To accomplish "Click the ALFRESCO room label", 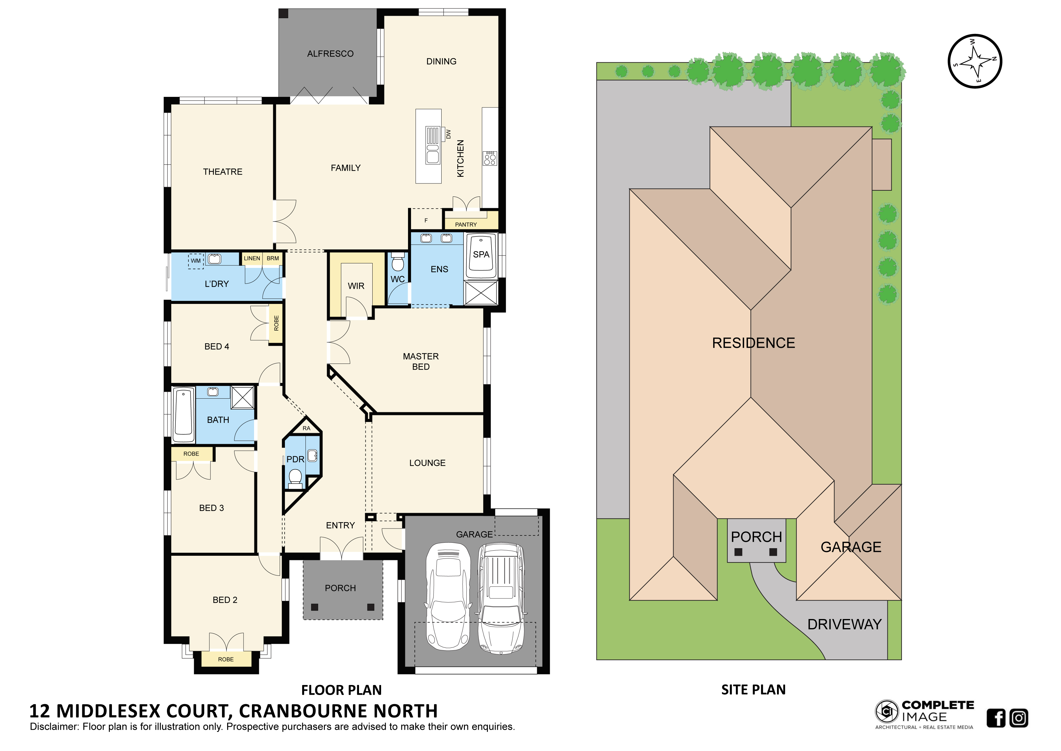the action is (330, 54).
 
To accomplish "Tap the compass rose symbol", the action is (975, 61).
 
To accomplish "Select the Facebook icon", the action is (996, 718).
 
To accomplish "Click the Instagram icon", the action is (1019, 718).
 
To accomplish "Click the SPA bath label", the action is (481, 254).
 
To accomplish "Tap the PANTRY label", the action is (466, 225).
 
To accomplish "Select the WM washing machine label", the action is (196, 261).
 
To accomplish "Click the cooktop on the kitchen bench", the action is (490, 158).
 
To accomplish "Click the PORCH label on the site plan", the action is (756, 537).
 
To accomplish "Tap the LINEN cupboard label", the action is (252, 259).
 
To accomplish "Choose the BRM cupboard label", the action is (273, 259).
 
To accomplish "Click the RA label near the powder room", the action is (306, 428).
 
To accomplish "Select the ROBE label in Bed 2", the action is (226, 660).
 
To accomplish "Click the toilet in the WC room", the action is (397, 262).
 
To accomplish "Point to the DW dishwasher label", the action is (448, 134).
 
